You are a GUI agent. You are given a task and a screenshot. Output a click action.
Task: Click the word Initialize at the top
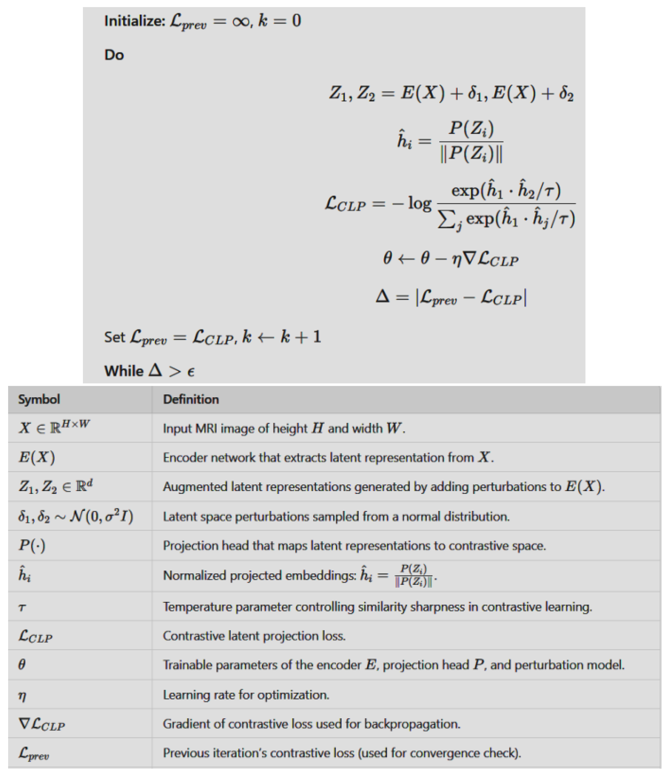(134, 21)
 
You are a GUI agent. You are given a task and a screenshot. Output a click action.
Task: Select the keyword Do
(114, 55)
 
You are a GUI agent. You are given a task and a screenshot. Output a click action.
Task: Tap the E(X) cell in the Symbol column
(37, 457)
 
